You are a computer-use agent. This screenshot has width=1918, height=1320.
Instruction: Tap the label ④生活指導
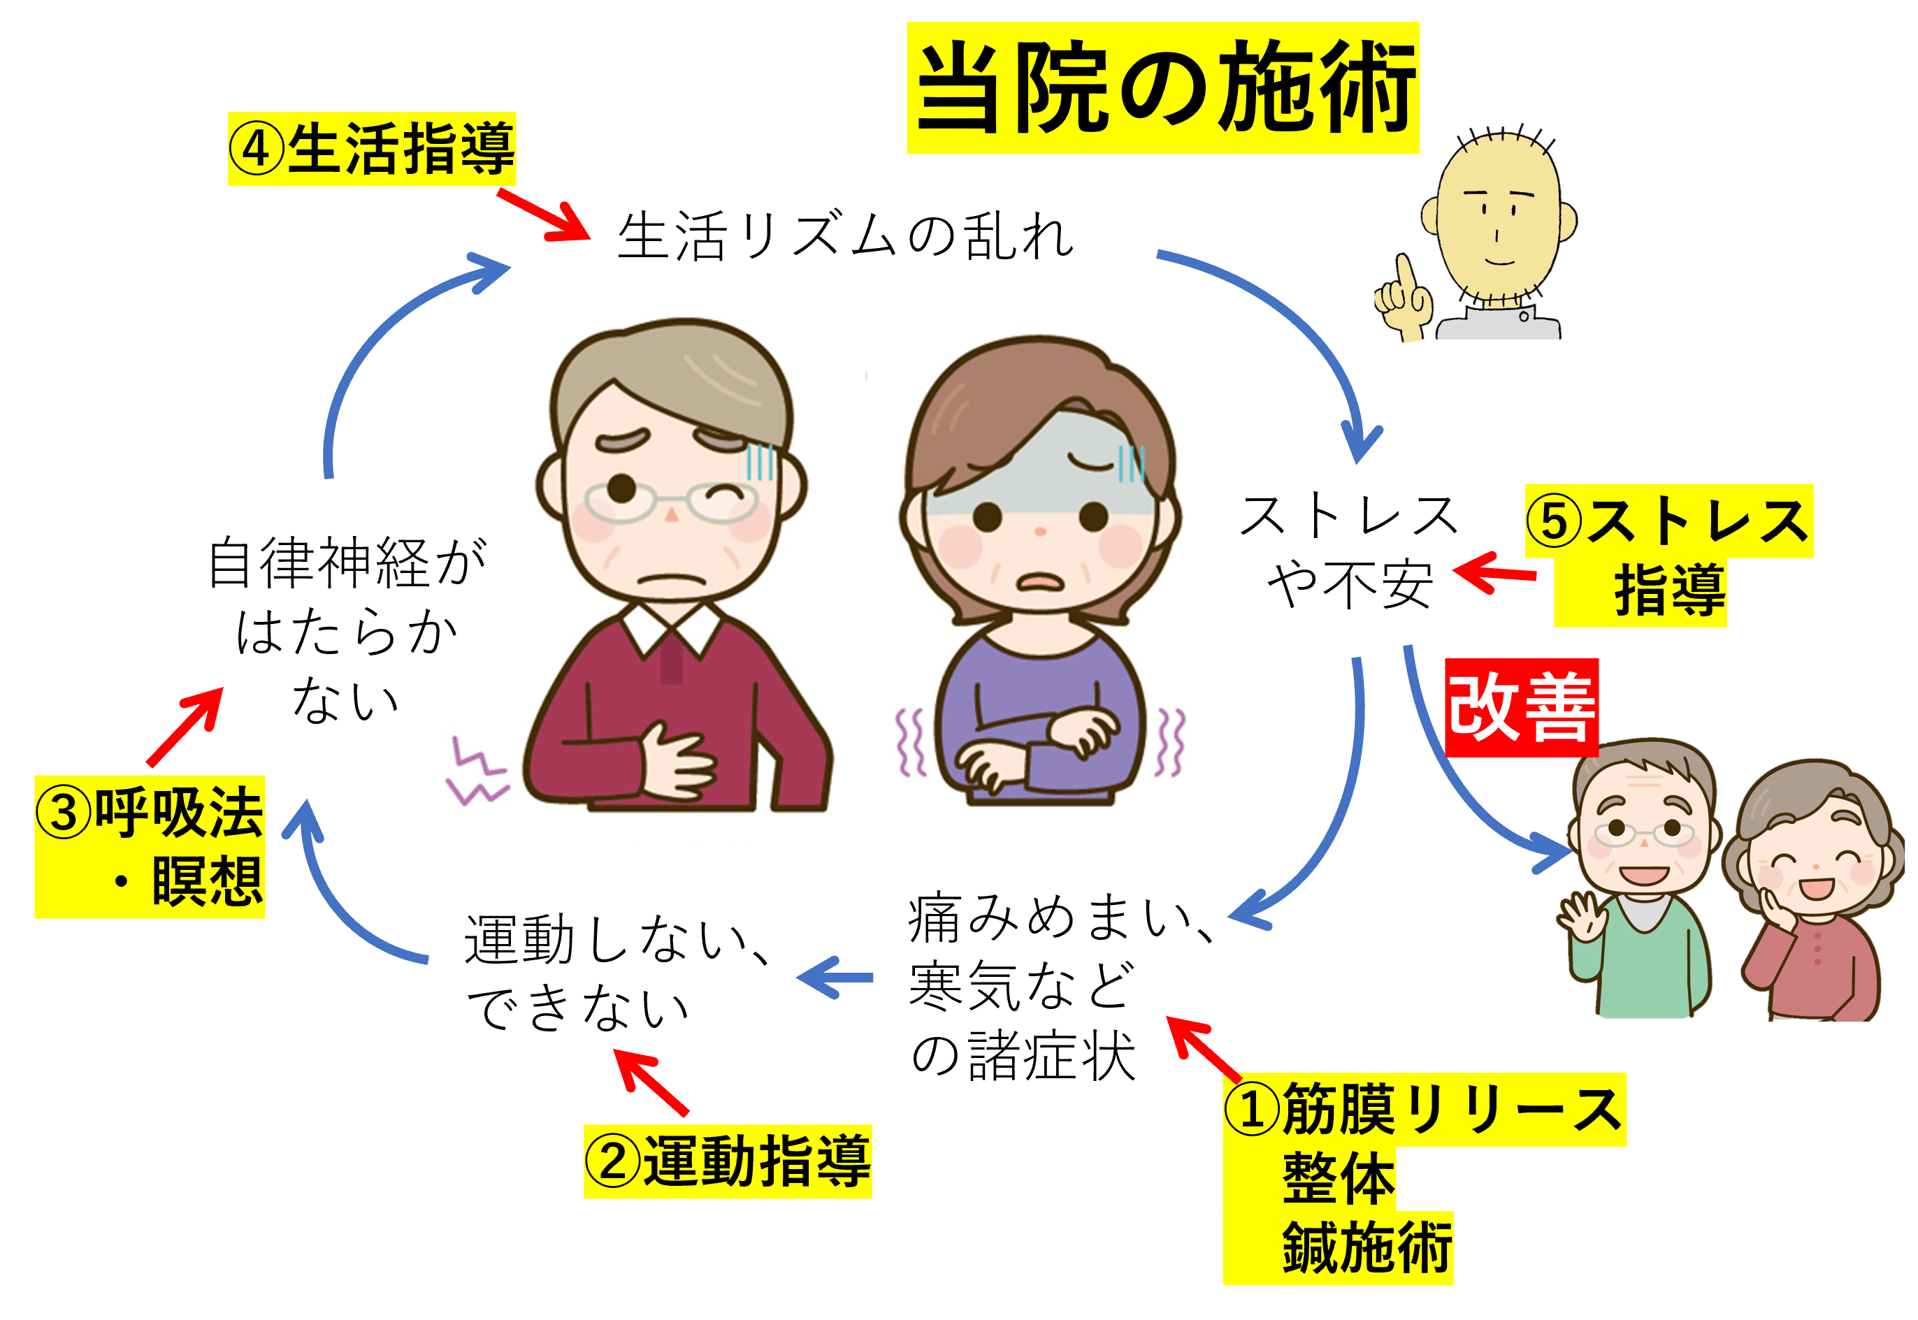coord(372,149)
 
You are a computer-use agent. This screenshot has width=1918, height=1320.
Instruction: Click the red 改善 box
coord(1521,707)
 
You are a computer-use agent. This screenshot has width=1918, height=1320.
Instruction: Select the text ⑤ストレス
coord(1668,521)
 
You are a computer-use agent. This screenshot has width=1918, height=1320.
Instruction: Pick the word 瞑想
coord(207,882)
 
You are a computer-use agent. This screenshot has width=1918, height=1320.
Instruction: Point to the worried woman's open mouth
coord(1039,582)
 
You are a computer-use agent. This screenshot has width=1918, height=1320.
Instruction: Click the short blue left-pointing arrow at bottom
coord(835,978)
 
